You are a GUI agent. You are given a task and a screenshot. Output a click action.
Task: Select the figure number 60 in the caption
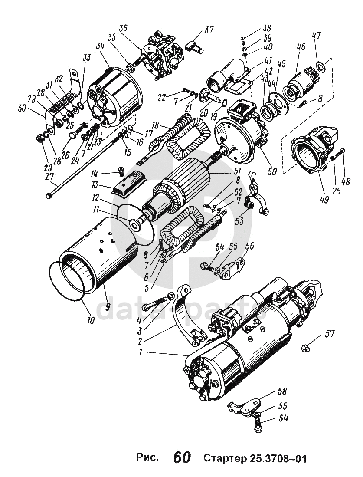182,457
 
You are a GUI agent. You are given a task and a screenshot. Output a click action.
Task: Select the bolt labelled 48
343,151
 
